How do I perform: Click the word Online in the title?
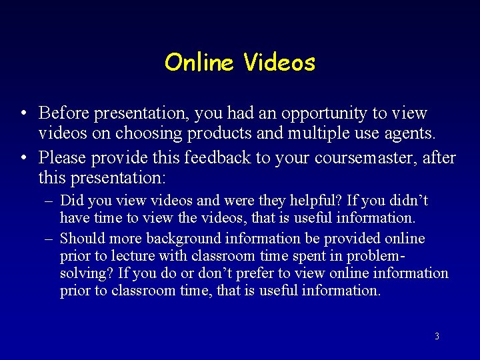pos(199,63)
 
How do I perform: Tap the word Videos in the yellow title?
pos(279,63)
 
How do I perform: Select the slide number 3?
pos(437,337)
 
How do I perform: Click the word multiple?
pos(315,133)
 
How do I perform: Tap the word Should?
pos(82,239)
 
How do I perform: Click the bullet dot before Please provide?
pos(23,158)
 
